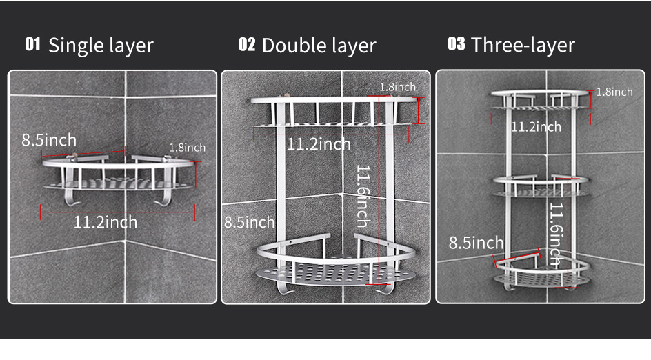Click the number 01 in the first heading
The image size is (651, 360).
click(x=32, y=44)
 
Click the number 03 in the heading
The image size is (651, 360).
click(x=457, y=43)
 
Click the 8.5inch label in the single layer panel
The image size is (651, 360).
click(x=49, y=140)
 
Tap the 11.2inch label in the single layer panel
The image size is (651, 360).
click(x=106, y=222)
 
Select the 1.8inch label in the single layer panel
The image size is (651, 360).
click(x=188, y=148)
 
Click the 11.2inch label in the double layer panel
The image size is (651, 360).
click(x=319, y=145)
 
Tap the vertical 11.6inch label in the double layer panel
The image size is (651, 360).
click(x=363, y=196)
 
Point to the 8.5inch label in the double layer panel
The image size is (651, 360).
click(x=250, y=222)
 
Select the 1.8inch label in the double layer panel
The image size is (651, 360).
click(x=398, y=87)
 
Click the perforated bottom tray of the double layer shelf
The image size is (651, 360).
click(x=335, y=275)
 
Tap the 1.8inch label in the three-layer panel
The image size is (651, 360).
click(x=614, y=92)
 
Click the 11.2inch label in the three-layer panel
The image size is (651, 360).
click(x=536, y=127)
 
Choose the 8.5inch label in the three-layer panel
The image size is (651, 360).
click(x=476, y=243)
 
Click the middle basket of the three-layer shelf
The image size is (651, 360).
click(x=541, y=186)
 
